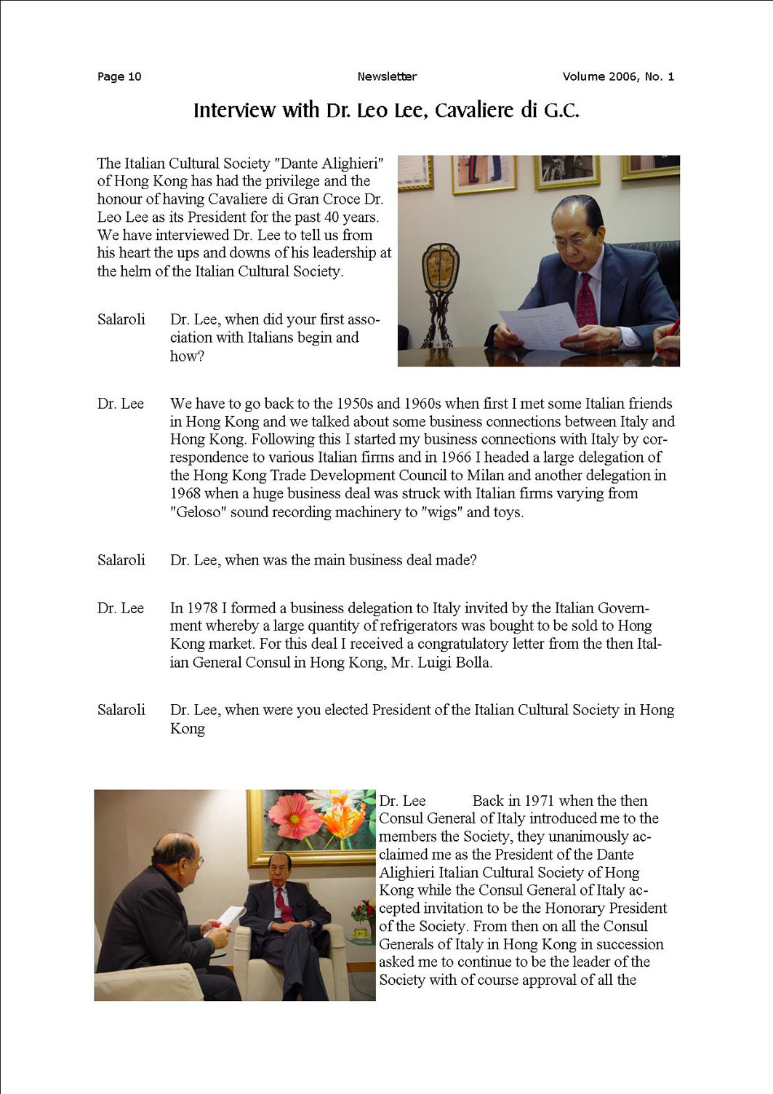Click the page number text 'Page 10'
coord(119,76)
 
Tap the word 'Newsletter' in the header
coord(387,76)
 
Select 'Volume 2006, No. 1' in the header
coord(618,76)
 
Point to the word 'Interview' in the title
coord(234,111)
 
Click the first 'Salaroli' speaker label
coord(121,319)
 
